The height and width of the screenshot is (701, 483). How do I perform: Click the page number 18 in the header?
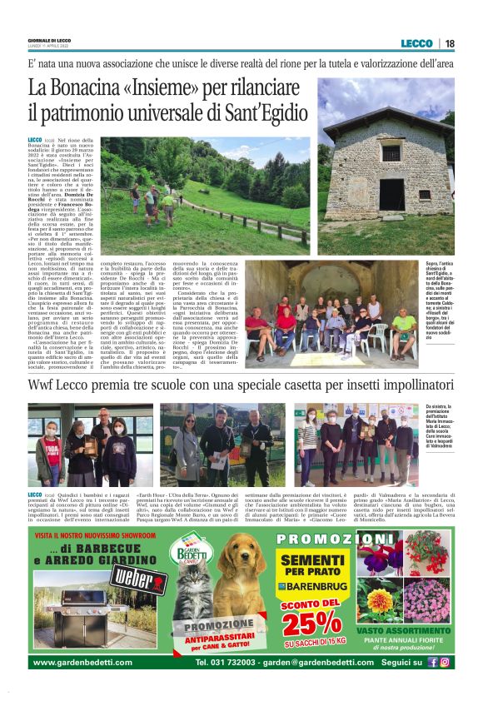[x=450, y=43]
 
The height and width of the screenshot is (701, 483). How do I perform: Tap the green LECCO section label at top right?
[x=416, y=43]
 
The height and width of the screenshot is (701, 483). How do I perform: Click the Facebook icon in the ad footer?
[x=432, y=663]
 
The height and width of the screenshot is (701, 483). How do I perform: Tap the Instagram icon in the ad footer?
[x=445, y=663]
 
